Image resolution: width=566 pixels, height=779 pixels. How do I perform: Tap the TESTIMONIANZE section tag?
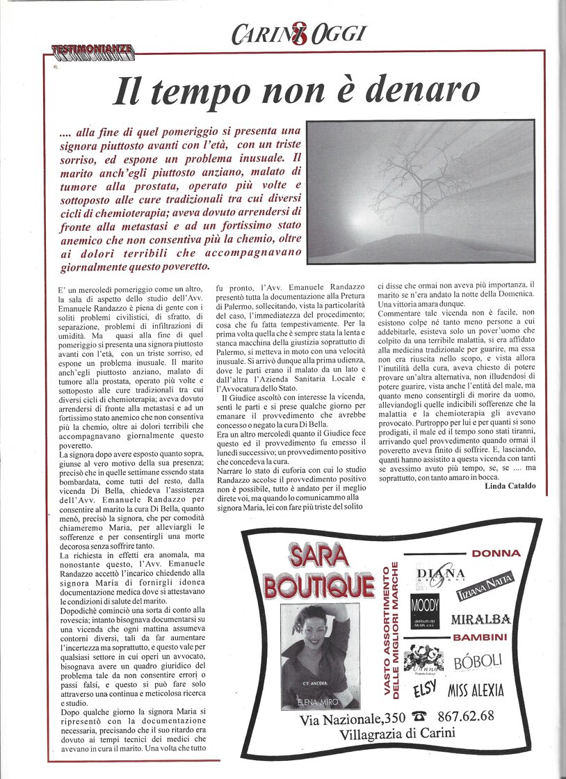92,50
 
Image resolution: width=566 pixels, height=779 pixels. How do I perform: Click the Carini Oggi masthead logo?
298,33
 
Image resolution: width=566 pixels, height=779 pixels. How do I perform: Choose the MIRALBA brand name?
481,619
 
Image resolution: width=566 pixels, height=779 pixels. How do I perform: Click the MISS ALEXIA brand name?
476,691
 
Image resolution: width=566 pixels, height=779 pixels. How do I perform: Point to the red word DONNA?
496,553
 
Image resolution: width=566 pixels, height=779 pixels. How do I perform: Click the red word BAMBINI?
480,637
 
